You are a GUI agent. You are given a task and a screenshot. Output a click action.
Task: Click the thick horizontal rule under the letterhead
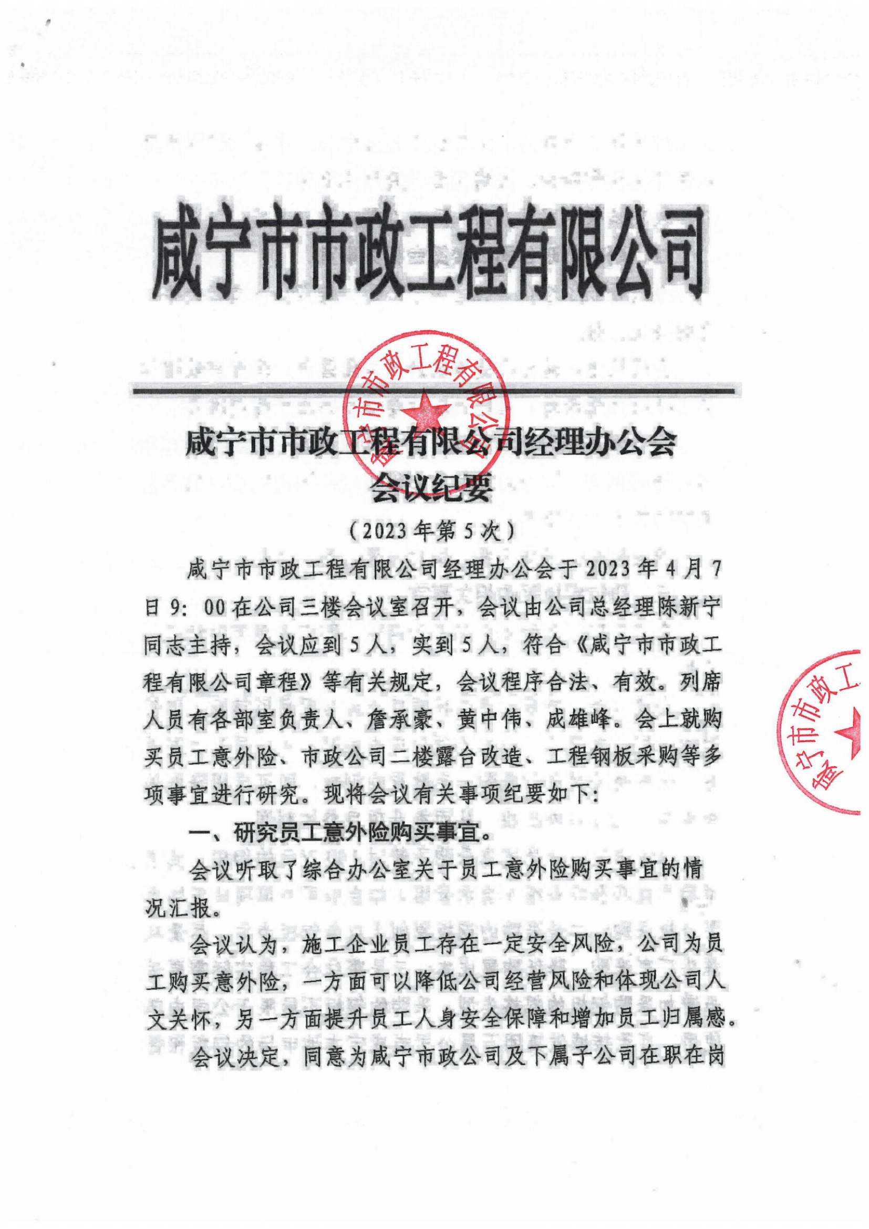[433, 391]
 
